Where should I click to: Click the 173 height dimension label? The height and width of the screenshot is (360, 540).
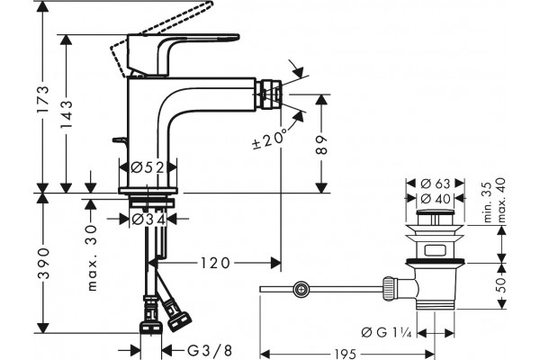pyautogui.click(x=43, y=100)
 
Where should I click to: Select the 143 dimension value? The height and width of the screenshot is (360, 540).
pyautogui.click(x=66, y=114)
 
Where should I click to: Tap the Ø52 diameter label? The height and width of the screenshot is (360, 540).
pyautogui.click(x=148, y=167)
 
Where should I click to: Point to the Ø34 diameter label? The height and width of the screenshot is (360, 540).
pyautogui.click(x=148, y=219)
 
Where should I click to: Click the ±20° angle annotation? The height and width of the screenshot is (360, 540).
pyautogui.click(x=270, y=139)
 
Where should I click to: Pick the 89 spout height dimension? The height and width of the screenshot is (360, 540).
pyautogui.click(x=321, y=145)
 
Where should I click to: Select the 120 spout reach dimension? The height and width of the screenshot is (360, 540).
pyautogui.click(x=214, y=263)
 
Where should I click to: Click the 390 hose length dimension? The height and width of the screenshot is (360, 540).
pyautogui.click(x=43, y=263)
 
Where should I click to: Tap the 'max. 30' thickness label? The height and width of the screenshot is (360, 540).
pyautogui.click(x=91, y=258)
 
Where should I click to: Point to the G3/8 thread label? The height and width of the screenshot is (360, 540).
pyautogui.click(x=210, y=351)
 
